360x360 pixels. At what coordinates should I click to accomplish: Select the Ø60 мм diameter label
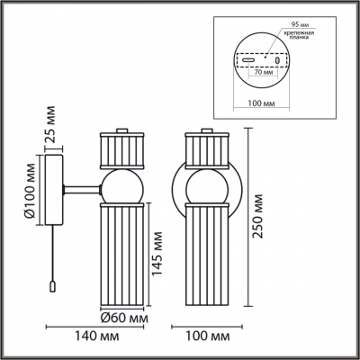[123, 317]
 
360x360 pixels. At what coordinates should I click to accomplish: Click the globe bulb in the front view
[206, 187]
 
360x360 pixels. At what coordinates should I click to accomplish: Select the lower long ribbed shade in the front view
[206, 254]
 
